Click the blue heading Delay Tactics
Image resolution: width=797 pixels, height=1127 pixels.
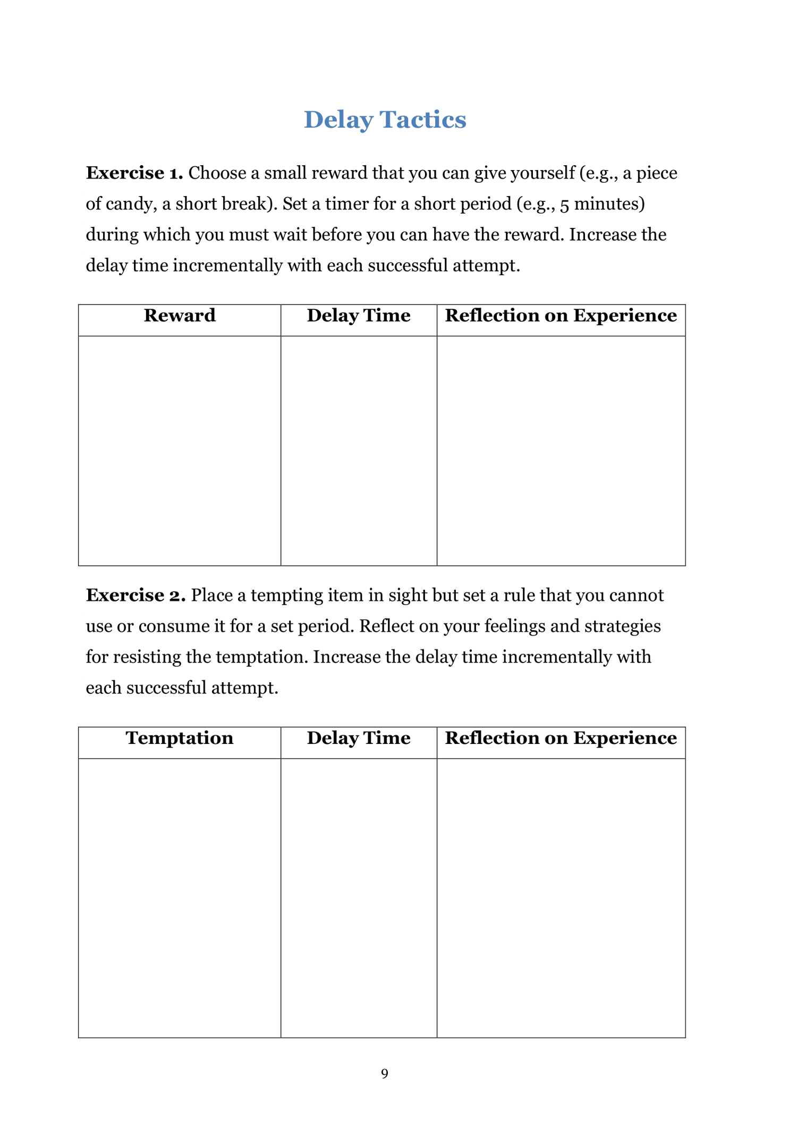385,120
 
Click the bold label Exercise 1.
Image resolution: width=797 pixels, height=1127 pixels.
134,173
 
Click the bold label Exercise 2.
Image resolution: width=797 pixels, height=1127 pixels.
135,596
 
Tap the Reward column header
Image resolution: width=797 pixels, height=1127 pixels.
180,316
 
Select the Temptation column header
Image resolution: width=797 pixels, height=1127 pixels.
180,738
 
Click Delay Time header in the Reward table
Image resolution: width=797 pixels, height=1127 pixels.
359,316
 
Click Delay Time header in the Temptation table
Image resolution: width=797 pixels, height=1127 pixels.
359,738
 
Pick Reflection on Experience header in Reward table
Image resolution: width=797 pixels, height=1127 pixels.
561,316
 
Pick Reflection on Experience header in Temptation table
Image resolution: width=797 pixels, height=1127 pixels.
561,738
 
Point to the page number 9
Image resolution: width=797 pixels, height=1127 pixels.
385,1074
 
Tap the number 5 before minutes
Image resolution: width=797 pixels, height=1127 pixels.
564,205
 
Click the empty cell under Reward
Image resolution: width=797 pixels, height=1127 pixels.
180,451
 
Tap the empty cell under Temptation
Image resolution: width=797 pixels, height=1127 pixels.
180,898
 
